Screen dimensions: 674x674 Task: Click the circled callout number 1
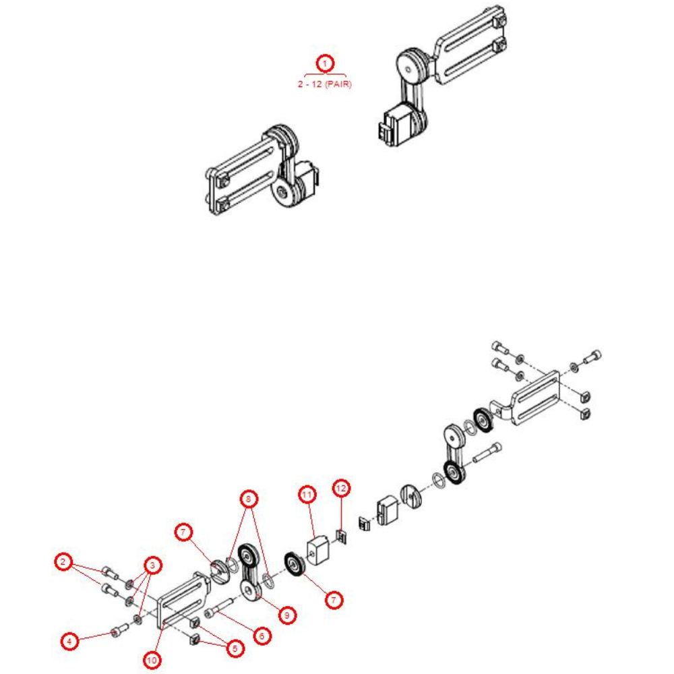326,63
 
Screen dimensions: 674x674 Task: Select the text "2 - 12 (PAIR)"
326,84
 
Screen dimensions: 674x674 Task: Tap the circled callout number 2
63,562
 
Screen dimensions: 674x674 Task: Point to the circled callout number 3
153,565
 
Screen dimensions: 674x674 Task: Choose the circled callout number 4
69,641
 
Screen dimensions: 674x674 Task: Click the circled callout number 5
235,649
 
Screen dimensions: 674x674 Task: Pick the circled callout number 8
249,499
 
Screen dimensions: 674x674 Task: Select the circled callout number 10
152,660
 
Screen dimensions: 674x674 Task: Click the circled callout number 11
307,495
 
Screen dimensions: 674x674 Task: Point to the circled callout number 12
341,487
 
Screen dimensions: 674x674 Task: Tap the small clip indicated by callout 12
342,537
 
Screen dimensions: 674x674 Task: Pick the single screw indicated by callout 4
119,631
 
